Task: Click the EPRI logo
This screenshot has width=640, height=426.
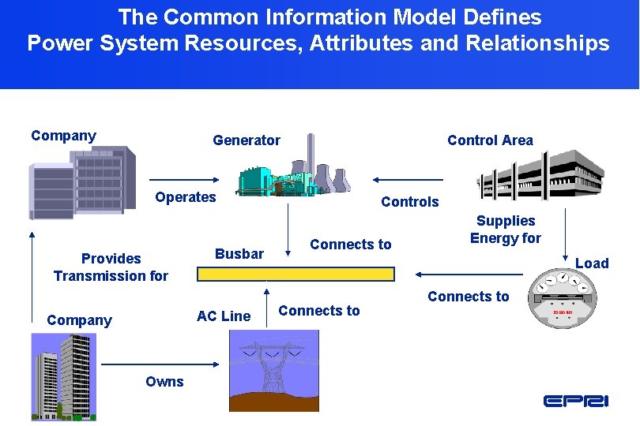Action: click(x=576, y=401)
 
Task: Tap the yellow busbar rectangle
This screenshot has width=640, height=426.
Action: click(x=296, y=274)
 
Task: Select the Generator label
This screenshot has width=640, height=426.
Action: click(x=246, y=140)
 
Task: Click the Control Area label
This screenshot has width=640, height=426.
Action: click(x=490, y=140)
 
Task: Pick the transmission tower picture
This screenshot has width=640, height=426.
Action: click(x=273, y=369)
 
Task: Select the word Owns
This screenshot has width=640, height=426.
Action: click(x=164, y=382)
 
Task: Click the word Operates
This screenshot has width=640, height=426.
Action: click(x=185, y=197)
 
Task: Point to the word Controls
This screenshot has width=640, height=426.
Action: click(x=409, y=202)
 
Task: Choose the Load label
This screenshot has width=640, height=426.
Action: click(x=592, y=263)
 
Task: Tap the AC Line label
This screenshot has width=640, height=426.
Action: click(x=224, y=316)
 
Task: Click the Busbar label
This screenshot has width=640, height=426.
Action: click(x=239, y=254)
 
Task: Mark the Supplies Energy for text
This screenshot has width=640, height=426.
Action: click(x=505, y=230)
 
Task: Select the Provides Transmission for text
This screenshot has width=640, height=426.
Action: click(x=111, y=267)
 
